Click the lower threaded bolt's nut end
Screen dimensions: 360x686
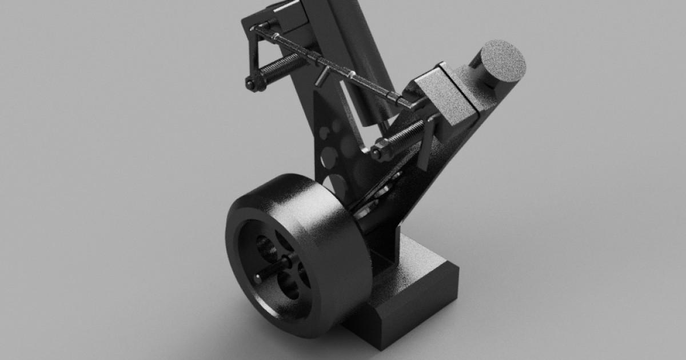(377, 152)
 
